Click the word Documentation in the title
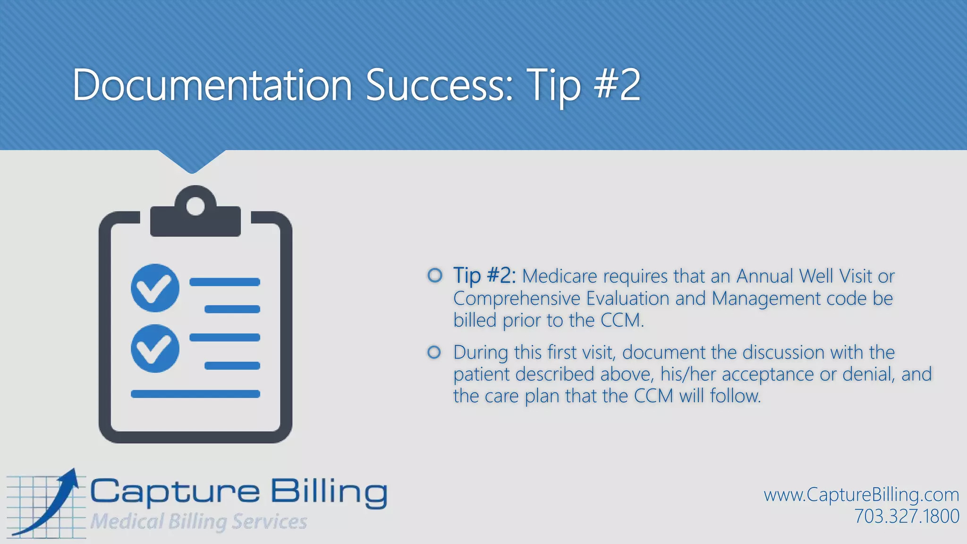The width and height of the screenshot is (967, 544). pyautogui.click(x=212, y=85)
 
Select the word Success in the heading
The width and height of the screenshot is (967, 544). pyautogui.click(x=439, y=85)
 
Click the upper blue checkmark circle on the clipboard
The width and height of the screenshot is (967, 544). pyautogui.click(x=155, y=288)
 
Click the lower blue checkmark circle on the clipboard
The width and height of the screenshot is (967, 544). pyautogui.click(x=155, y=348)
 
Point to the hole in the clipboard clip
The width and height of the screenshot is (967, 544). pyautogui.click(x=195, y=206)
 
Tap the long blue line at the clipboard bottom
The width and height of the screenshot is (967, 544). pyautogui.click(x=195, y=394)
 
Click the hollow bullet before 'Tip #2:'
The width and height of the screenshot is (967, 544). pyautogui.click(x=435, y=275)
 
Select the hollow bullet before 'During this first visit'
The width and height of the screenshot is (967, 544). pyautogui.click(x=434, y=352)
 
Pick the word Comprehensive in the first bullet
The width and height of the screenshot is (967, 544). pyautogui.click(x=517, y=298)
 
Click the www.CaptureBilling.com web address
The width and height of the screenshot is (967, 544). pyautogui.click(x=861, y=495)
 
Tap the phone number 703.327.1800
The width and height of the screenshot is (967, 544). pyautogui.click(x=907, y=516)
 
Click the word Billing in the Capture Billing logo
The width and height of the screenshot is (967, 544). pyautogui.click(x=329, y=492)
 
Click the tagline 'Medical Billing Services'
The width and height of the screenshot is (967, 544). pyautogui.click(x=198, y=521)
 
